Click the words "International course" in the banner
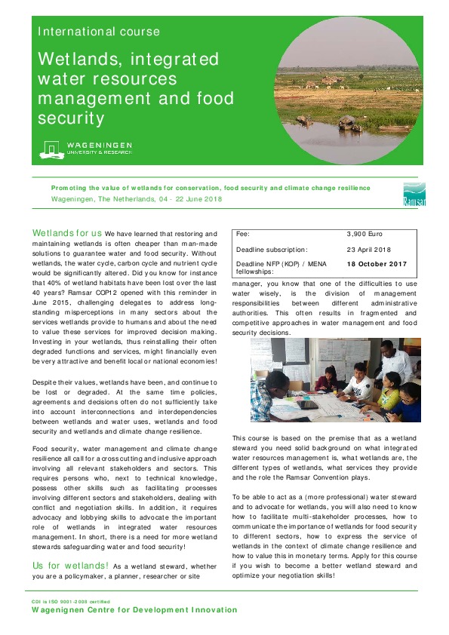99,32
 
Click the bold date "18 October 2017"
377,264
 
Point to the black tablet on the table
307,404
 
